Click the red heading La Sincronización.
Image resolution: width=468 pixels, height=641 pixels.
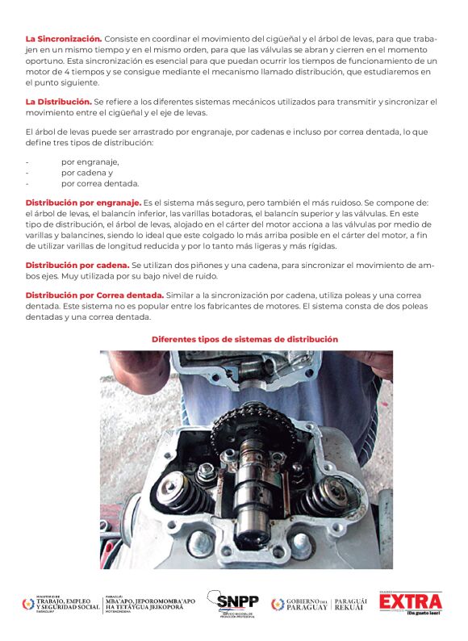click(64, 40)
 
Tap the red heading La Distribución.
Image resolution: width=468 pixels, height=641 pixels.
click(58, 102)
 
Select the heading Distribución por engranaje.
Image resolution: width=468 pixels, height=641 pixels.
click(83, 203)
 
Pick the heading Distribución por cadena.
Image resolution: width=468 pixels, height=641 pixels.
click(77, 266)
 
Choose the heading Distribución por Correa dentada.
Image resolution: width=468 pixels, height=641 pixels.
click(94, 295)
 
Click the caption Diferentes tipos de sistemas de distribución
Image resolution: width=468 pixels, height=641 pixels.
click(244, 339)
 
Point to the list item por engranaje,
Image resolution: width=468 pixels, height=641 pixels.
click(90, 162)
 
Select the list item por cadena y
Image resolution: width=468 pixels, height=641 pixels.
click(87, 173)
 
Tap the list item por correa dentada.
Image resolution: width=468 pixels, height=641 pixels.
click(100, 183)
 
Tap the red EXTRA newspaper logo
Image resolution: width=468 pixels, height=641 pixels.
click(411, 602)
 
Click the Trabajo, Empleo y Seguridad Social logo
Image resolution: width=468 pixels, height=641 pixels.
click(61, 604)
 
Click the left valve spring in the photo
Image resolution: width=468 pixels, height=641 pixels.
click(183, 492)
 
